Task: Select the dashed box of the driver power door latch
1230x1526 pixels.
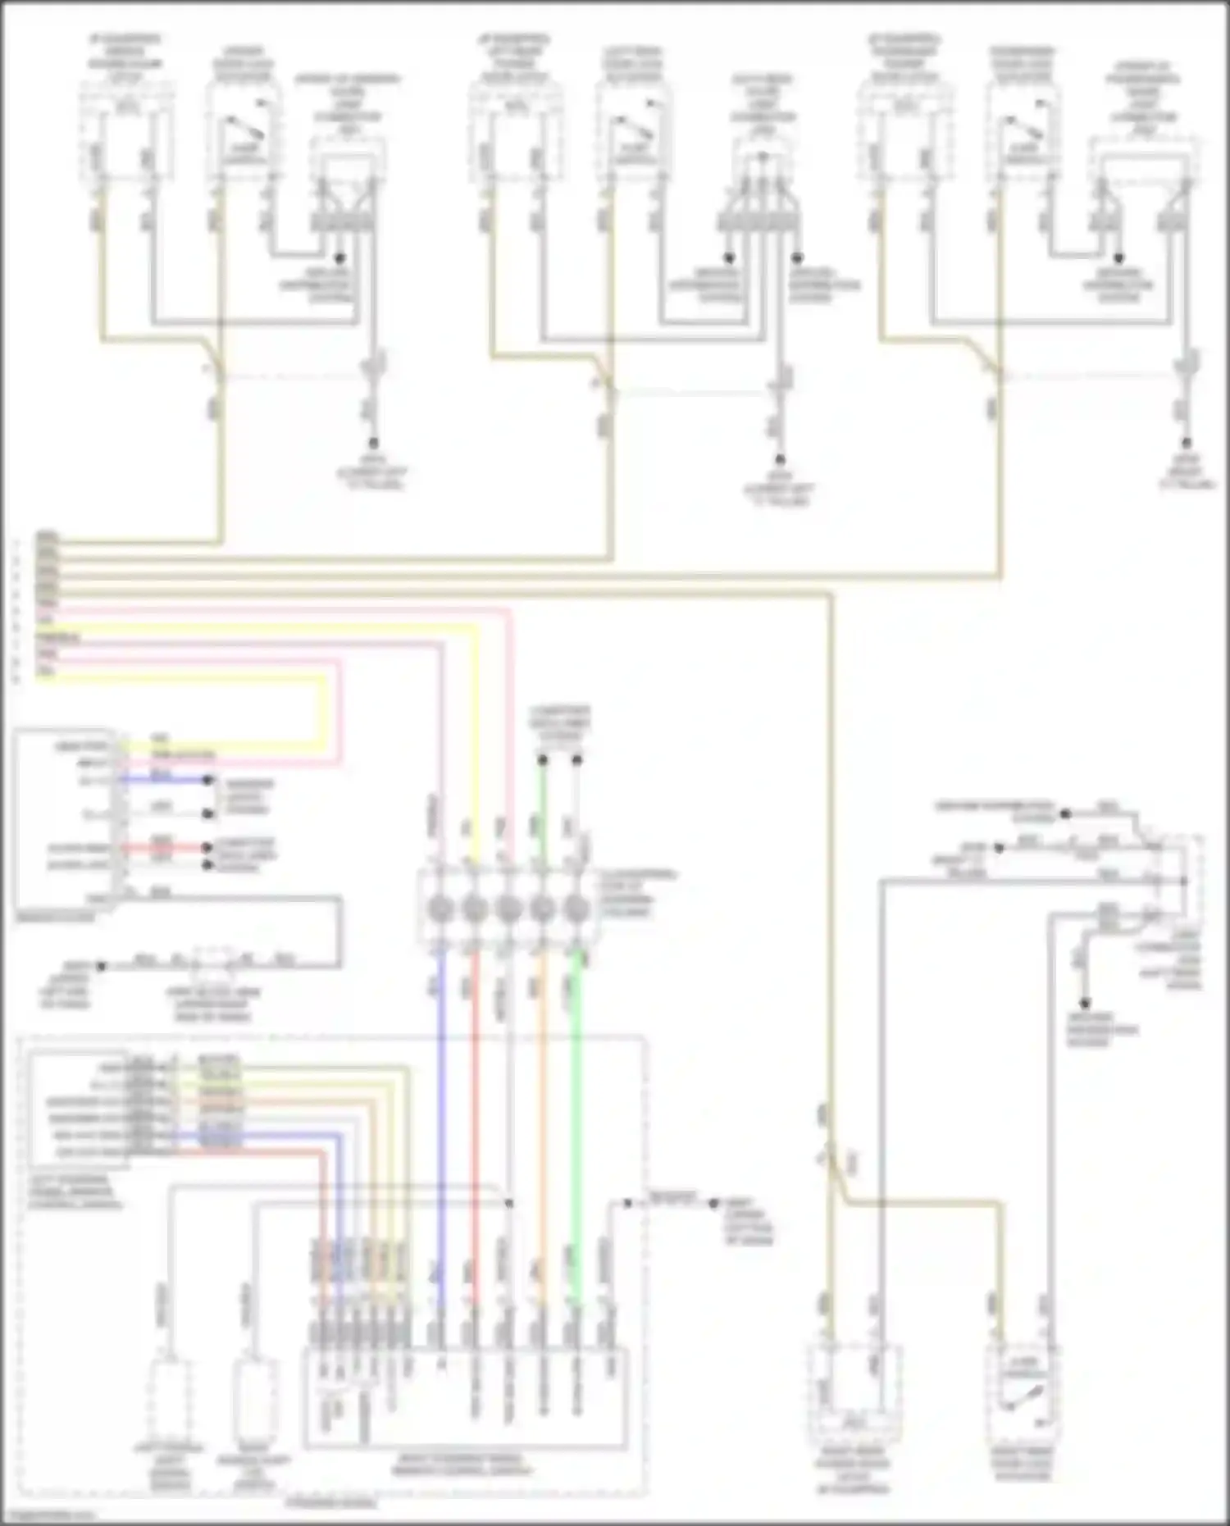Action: coord(126,135)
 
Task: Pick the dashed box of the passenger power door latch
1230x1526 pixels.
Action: coord(904,135)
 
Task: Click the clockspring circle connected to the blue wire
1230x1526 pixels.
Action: coord(440,909)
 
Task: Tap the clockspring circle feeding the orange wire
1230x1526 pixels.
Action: coord(542,909)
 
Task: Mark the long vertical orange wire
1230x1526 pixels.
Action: coord(541,1107)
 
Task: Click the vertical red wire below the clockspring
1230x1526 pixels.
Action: coord(474,1107)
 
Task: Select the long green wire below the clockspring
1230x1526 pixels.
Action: coord(576,1107)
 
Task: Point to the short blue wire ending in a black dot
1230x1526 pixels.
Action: coord(164,780)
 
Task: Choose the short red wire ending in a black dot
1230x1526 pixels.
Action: coord(164,848)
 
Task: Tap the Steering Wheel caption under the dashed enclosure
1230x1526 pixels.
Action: coord(331,1503)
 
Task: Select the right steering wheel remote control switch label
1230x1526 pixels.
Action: coord(465,1464)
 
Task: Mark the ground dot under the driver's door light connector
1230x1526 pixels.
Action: coord(339,258)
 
